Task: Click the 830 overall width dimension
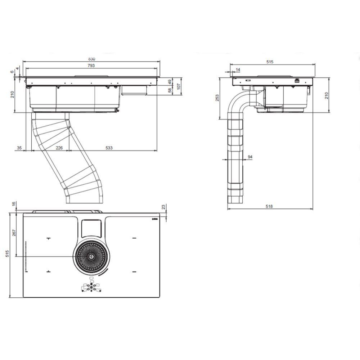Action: click(x=91, y=59)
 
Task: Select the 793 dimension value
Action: click(x=91, y=66)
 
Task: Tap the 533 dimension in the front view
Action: click(x=109, y=148)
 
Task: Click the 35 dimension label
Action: click(x=19, y=148)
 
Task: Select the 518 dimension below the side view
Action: click(x=269, y=206)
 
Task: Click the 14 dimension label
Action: click(x=238, y=69)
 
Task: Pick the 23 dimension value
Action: click(x=164, y=207)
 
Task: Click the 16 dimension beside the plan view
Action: click(x=14, y=204)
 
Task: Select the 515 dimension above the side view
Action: click(x=270, y=62)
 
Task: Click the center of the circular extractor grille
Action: click(x=91, y=256)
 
